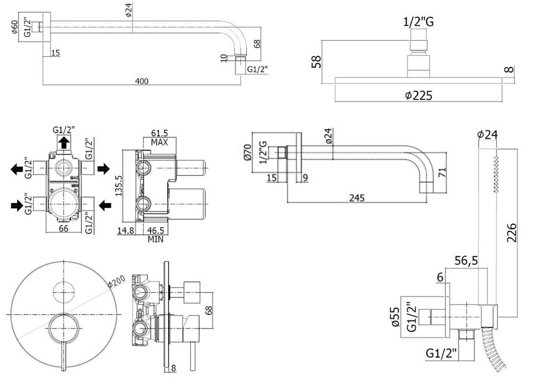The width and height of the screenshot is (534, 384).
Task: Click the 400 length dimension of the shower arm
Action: pos(142,81)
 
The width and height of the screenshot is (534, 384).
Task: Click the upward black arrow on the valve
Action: pos(64,142)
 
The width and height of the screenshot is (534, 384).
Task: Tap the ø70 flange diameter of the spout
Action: pos(246,152)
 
